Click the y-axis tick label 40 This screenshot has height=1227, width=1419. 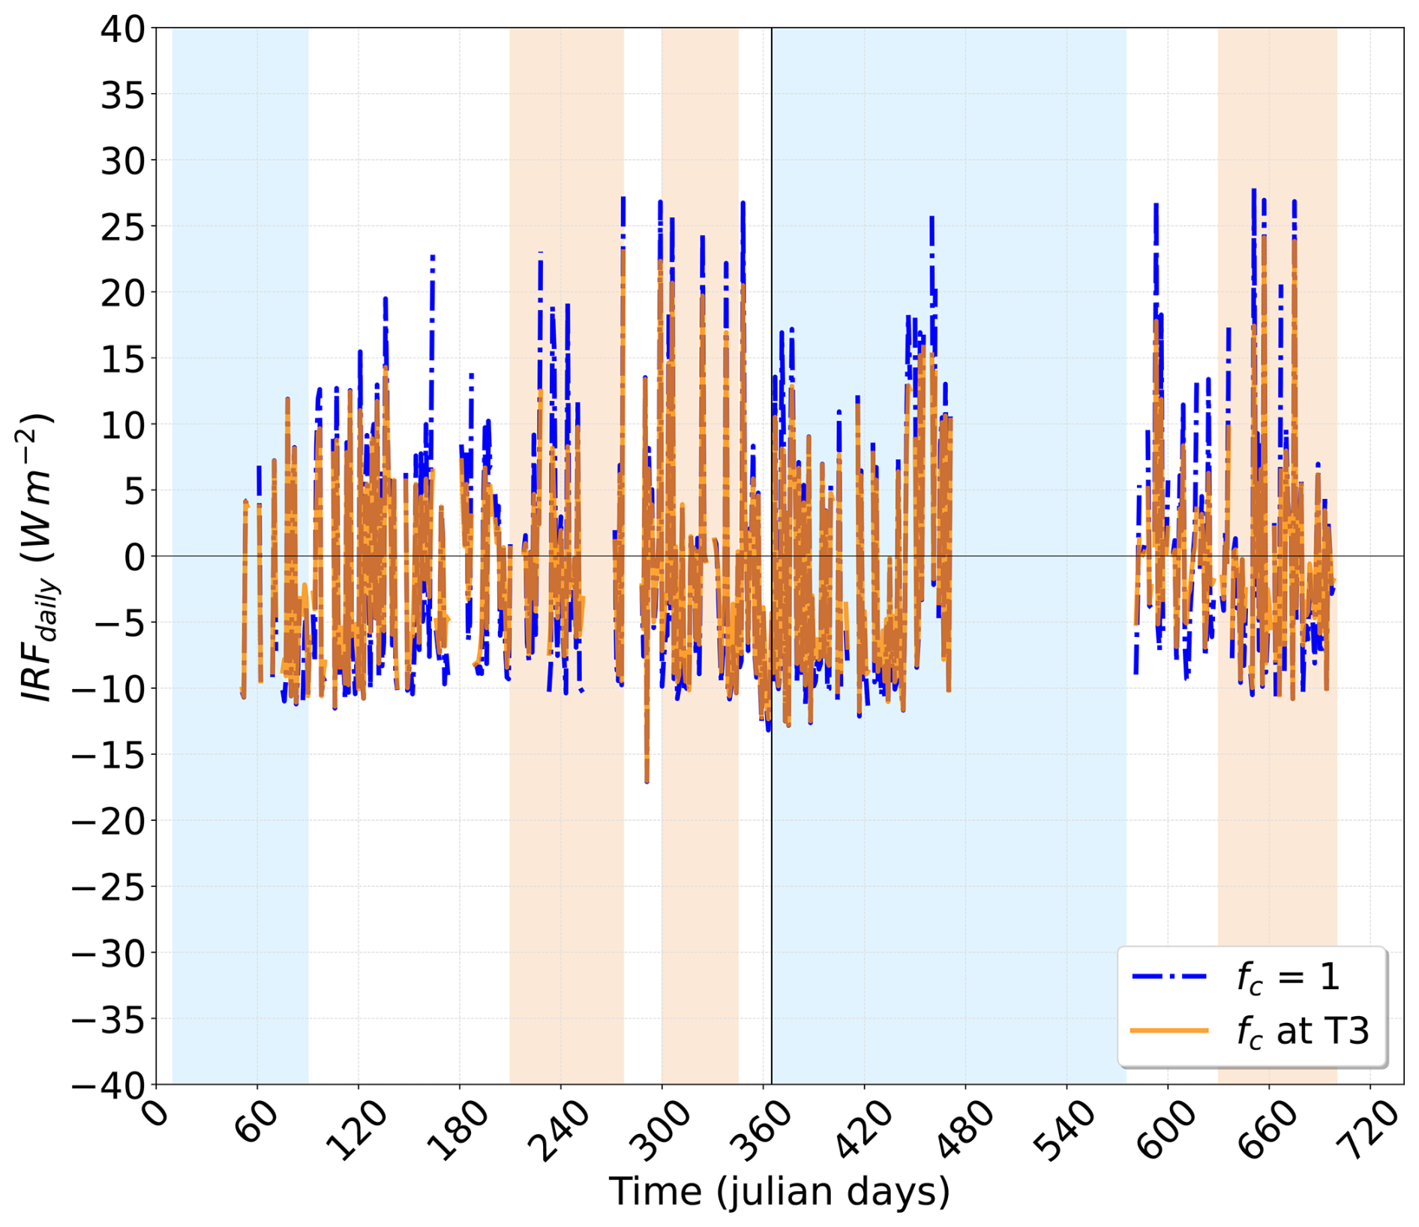click(123, 29)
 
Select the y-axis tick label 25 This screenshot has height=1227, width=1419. click(123, 227)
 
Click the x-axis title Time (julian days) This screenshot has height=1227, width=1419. click(779, 1192)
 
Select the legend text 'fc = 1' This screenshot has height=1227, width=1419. click(1288, 978)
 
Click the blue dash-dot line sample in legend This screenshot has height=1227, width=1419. click(1170, 976)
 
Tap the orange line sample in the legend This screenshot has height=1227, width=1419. click(1170, 1030)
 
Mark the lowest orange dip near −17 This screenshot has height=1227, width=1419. click(647, 781)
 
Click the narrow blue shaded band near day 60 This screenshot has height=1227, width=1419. click(240, 556)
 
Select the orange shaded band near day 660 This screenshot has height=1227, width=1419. click(1277, 556)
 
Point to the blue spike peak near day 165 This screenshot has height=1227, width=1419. click(433, 257)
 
